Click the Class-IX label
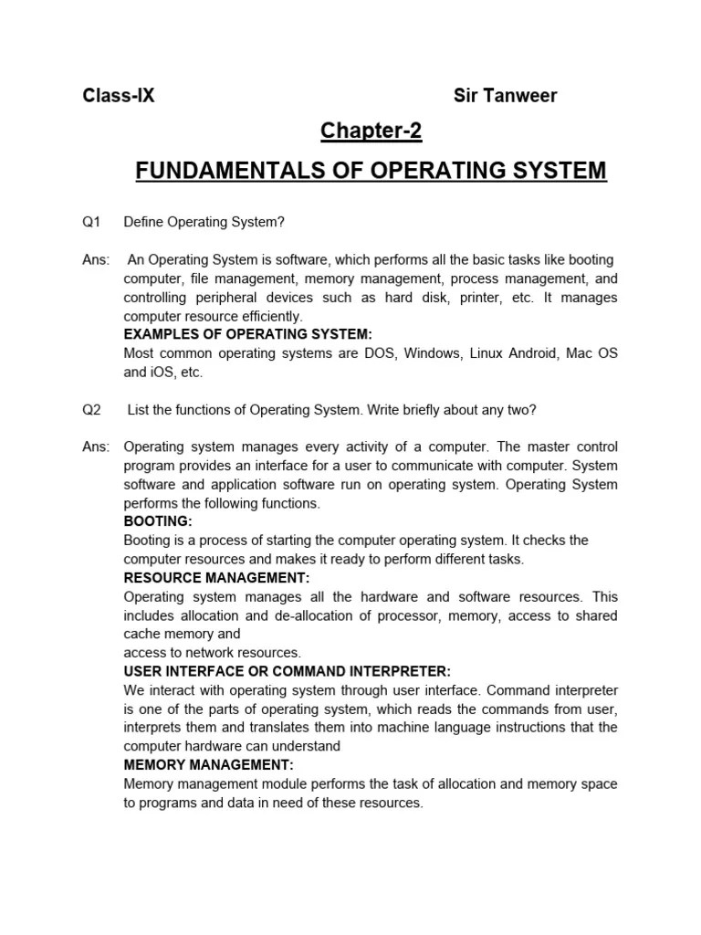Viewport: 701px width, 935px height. tap(119, 96)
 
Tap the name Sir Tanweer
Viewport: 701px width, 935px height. tap(505, 96)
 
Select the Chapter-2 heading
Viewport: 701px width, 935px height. tap(371, 131)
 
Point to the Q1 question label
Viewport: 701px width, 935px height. tap(91, 222)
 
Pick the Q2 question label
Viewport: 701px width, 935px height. tap(91, 410)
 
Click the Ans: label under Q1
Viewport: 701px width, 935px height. tap(96, 260)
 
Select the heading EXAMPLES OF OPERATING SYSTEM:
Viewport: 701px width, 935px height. tap(248, 334)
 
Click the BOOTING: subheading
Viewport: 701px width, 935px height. tap(158, 521)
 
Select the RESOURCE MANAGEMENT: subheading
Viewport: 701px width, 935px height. tap(216, 578)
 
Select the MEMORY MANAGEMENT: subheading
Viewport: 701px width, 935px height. tap(209, 765)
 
